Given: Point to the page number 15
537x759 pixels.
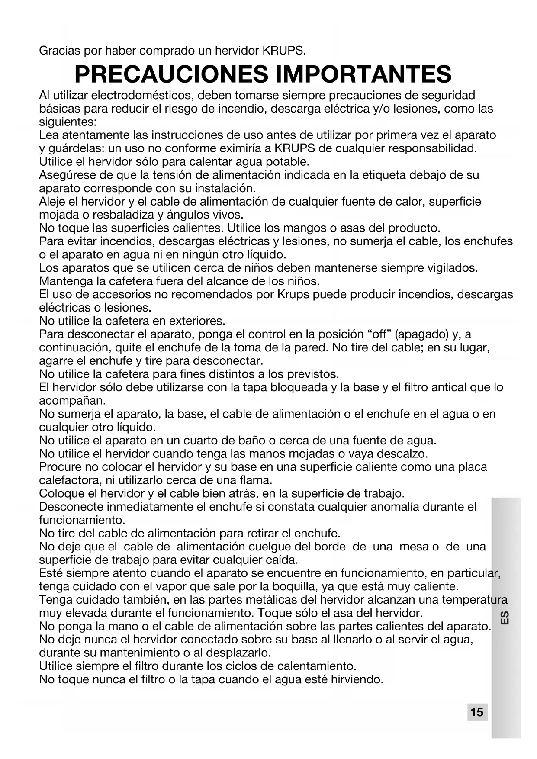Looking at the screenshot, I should [x=477, y=712].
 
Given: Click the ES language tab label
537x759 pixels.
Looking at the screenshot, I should [x=505, y=617].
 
